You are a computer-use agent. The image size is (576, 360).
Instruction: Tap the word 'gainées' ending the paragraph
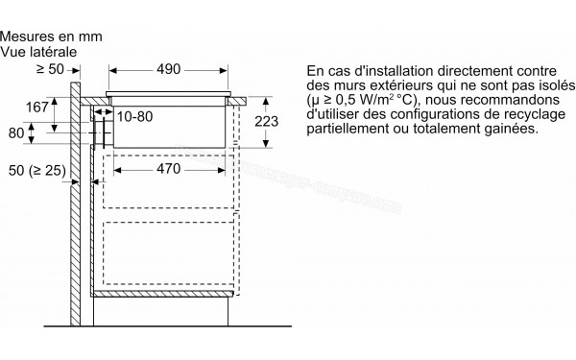click(x=513, y=130)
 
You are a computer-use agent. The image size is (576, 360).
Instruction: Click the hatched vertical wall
click(x=75, y=192)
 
